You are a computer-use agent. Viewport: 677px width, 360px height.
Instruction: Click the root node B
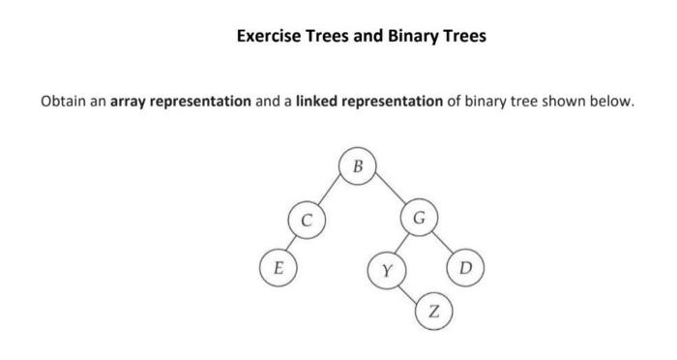coord(358,166)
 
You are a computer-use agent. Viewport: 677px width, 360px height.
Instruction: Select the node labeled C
coord(306,220)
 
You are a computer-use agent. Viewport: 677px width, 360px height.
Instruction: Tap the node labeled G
coord(418,216)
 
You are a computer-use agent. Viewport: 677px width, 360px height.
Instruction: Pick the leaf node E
coord(278,266)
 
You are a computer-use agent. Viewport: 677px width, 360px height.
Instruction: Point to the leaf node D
coord(465,267)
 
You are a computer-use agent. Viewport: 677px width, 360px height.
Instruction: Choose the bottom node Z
coord(433,312)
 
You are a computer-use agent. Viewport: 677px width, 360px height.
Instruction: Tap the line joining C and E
coord(292,243)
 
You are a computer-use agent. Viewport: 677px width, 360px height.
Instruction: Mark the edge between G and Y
coord(402,243)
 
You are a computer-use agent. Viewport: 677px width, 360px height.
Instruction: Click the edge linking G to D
coord(442,241)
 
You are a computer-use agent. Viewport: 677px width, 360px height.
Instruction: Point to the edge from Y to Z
coord(410,291)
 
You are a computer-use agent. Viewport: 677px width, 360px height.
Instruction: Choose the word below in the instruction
coord(612,101)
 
